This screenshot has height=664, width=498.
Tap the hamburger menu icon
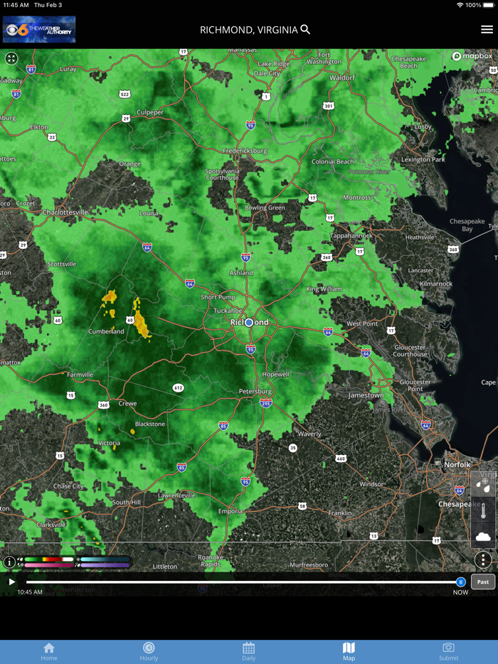[487, 29]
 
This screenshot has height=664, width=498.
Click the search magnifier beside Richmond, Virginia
[305, 29]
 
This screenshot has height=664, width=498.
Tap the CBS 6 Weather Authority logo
[39, 30]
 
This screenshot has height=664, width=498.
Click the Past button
[483, 582]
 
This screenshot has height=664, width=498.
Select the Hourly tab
[149, 651]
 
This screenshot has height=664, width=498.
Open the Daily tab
[248, 651]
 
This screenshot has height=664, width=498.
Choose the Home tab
[49, 651]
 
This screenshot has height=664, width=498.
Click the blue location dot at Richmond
[249, 323]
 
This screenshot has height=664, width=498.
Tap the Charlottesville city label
[65, 212]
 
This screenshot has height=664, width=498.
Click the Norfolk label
[457, 464]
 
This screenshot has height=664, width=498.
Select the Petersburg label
[255, 391]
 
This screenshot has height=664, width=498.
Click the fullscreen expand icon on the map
[11, 58]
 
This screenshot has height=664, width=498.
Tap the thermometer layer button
[483, 511]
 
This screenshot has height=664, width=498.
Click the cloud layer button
[483, 537]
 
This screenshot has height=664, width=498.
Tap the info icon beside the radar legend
[9, 562]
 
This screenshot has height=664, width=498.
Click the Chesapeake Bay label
[467, 225]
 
